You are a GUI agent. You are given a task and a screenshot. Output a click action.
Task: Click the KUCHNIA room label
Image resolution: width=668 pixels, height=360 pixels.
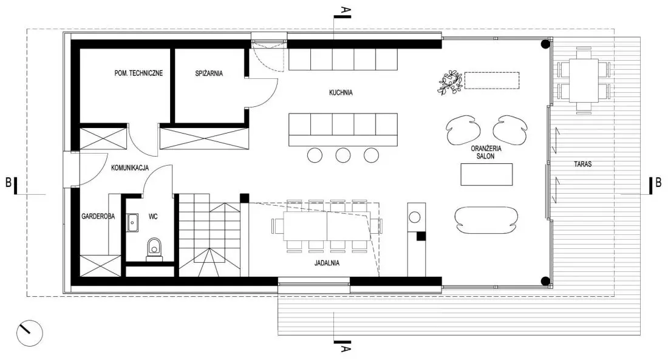pos(341,92)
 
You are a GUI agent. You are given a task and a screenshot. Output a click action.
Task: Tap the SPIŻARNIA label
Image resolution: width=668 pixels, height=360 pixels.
pos(209,73)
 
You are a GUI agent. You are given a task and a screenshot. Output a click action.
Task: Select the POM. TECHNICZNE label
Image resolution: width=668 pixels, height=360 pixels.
pos(138,73)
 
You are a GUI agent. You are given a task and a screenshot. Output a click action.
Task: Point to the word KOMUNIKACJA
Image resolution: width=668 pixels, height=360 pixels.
pos(130,168)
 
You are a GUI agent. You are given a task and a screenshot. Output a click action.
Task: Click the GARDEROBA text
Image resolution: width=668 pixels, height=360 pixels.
pos(98,217)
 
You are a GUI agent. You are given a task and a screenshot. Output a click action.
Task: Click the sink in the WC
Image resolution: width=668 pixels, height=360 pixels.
pos(132,222)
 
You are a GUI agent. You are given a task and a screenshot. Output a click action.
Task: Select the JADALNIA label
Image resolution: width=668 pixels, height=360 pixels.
pos(327,263)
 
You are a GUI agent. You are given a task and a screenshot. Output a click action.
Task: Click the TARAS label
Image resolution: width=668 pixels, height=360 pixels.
pos(582,164)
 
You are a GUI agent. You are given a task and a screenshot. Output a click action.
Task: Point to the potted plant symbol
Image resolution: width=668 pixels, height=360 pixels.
pos(451,82)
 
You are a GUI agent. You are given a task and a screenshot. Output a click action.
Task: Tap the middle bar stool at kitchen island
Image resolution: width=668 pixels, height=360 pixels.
pos(343,155)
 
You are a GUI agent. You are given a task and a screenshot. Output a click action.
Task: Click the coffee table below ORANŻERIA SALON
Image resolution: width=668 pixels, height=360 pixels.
pos(486,174)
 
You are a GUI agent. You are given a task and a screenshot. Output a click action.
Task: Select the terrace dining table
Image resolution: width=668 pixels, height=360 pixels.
pos(584,81)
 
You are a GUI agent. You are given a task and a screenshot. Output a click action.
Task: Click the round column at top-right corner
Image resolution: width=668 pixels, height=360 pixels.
pos(545,44)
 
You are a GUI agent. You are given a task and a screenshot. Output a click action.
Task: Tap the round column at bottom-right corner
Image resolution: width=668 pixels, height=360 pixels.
pos(545,280)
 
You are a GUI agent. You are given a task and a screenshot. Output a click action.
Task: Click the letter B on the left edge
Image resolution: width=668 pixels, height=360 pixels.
pos(9,182)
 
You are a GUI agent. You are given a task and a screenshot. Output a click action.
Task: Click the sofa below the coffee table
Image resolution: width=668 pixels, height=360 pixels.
pos(486,220)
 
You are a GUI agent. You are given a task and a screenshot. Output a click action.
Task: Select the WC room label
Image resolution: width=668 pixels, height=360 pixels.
pos(153,217)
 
